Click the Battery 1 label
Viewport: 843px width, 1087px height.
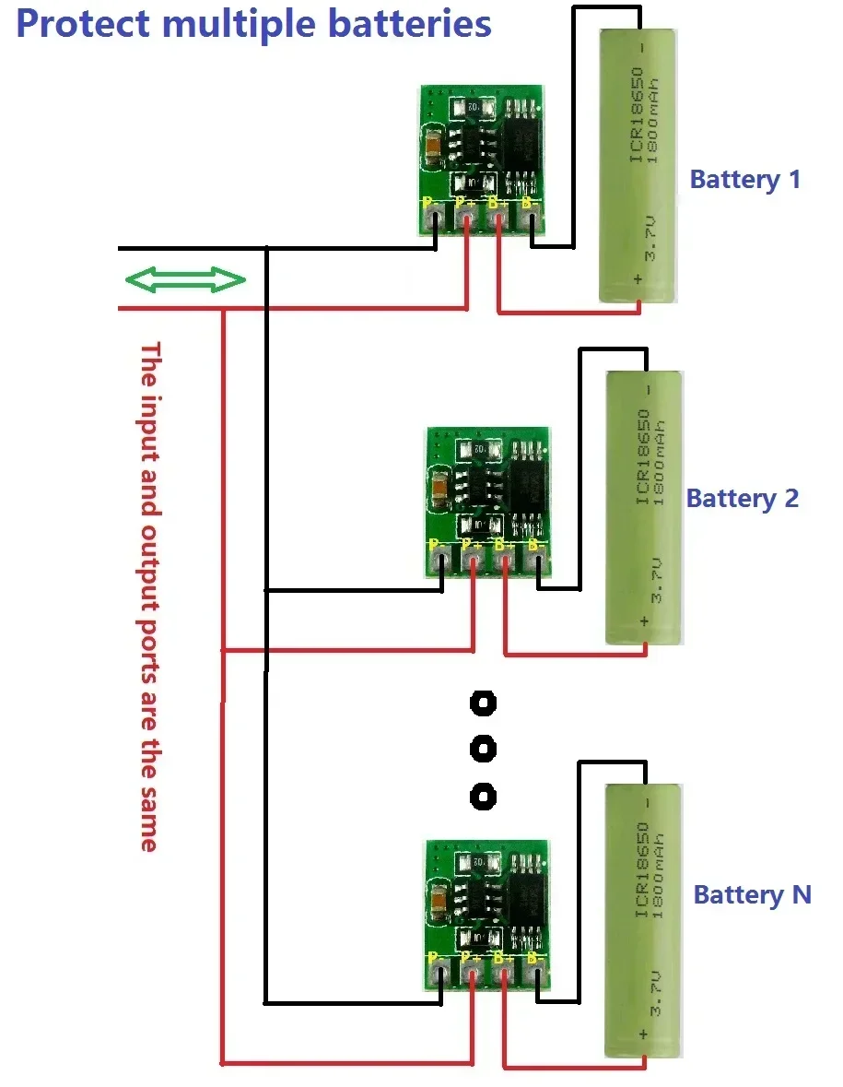[744, 180]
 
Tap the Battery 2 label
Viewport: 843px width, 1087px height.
[742, 499]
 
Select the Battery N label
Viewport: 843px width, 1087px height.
[752, 894]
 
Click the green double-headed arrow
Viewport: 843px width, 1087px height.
[186, 280]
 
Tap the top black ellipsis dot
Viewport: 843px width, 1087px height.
[483, 704]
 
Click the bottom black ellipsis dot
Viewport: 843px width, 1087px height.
[483, 795]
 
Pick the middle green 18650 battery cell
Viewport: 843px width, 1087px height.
[645, 508]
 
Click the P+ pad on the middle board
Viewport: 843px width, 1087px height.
[473, 560]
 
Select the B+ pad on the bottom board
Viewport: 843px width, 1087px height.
[503, 970]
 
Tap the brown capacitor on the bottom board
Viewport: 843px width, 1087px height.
[439, 894]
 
